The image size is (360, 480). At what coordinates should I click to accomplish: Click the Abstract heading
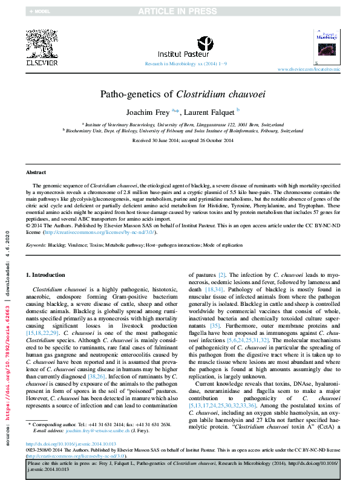(36, 172)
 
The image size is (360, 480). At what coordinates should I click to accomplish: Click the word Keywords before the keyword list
(36, 245)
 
